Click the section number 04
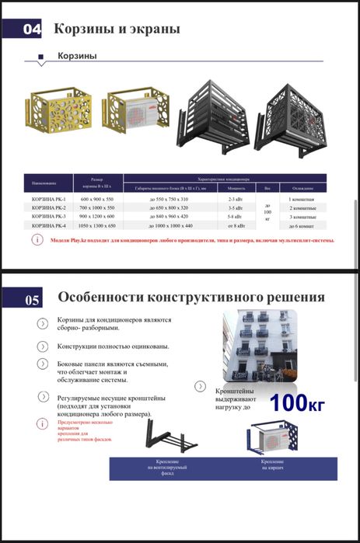pos(32,30)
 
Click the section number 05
pos(32,298)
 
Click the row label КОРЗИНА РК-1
pos(47,200)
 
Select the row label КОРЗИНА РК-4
pos(47,225)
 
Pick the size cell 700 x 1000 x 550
pos(97,208)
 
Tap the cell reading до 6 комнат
pos(302,225)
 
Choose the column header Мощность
pos(236,188)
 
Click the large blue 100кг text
pos(296,403)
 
